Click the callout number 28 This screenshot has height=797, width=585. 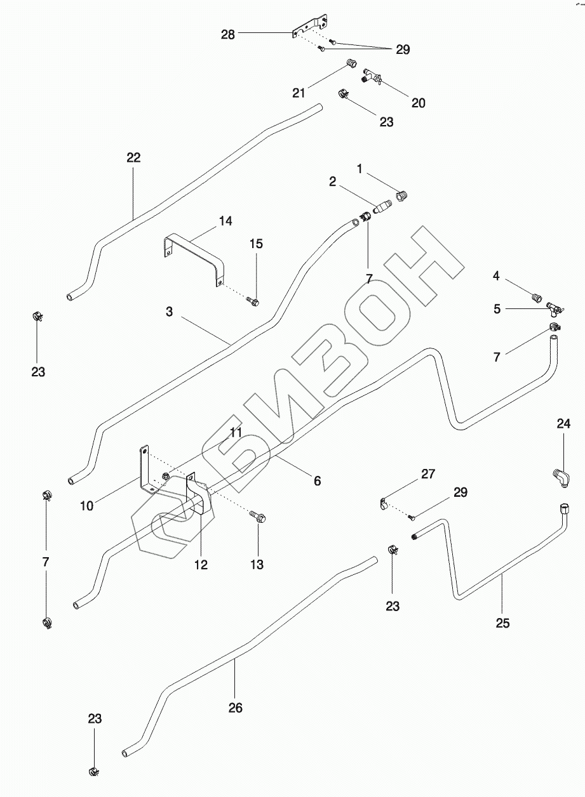227,35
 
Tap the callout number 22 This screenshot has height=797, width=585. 133,157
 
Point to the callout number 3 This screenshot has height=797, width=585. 169,312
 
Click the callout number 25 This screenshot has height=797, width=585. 502,623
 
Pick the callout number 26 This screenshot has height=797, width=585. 235,708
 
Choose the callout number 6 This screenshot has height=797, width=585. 317,481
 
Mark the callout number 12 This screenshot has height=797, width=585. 201,564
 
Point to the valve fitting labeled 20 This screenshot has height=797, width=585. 372,77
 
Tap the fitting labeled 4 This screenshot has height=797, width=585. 536,296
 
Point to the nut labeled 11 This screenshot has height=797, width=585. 166,476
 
